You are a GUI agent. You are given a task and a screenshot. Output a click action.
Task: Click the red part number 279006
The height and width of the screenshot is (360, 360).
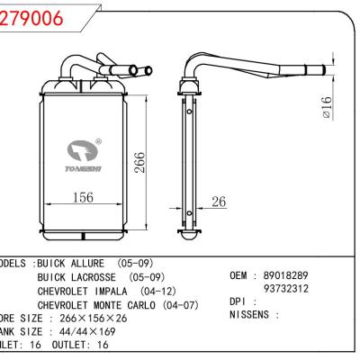click(36, 19)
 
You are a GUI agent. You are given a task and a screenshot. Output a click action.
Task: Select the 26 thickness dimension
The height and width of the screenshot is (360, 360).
click(219, 201)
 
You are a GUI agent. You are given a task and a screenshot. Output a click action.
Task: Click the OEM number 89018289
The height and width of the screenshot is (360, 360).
click(285, 273)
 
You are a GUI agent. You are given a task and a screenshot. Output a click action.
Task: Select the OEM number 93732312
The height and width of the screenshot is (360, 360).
click(285, 288)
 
